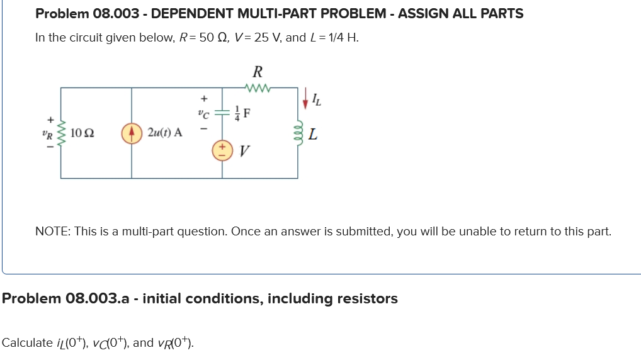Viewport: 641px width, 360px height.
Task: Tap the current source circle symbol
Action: (131, 133)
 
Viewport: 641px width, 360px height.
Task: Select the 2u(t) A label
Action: (165, 133)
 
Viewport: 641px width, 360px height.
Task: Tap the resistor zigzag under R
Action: (258, 88)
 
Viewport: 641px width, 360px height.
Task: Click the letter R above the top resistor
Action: (258, 71)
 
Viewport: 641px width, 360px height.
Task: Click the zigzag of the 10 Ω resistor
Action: (61, 133)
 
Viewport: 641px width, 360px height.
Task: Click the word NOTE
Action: (51, 231)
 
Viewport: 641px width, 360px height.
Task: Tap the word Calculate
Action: (27, 342)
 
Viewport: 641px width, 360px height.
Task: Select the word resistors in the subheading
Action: (366, 298)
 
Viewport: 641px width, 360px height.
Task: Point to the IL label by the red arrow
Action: (318, 98)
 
